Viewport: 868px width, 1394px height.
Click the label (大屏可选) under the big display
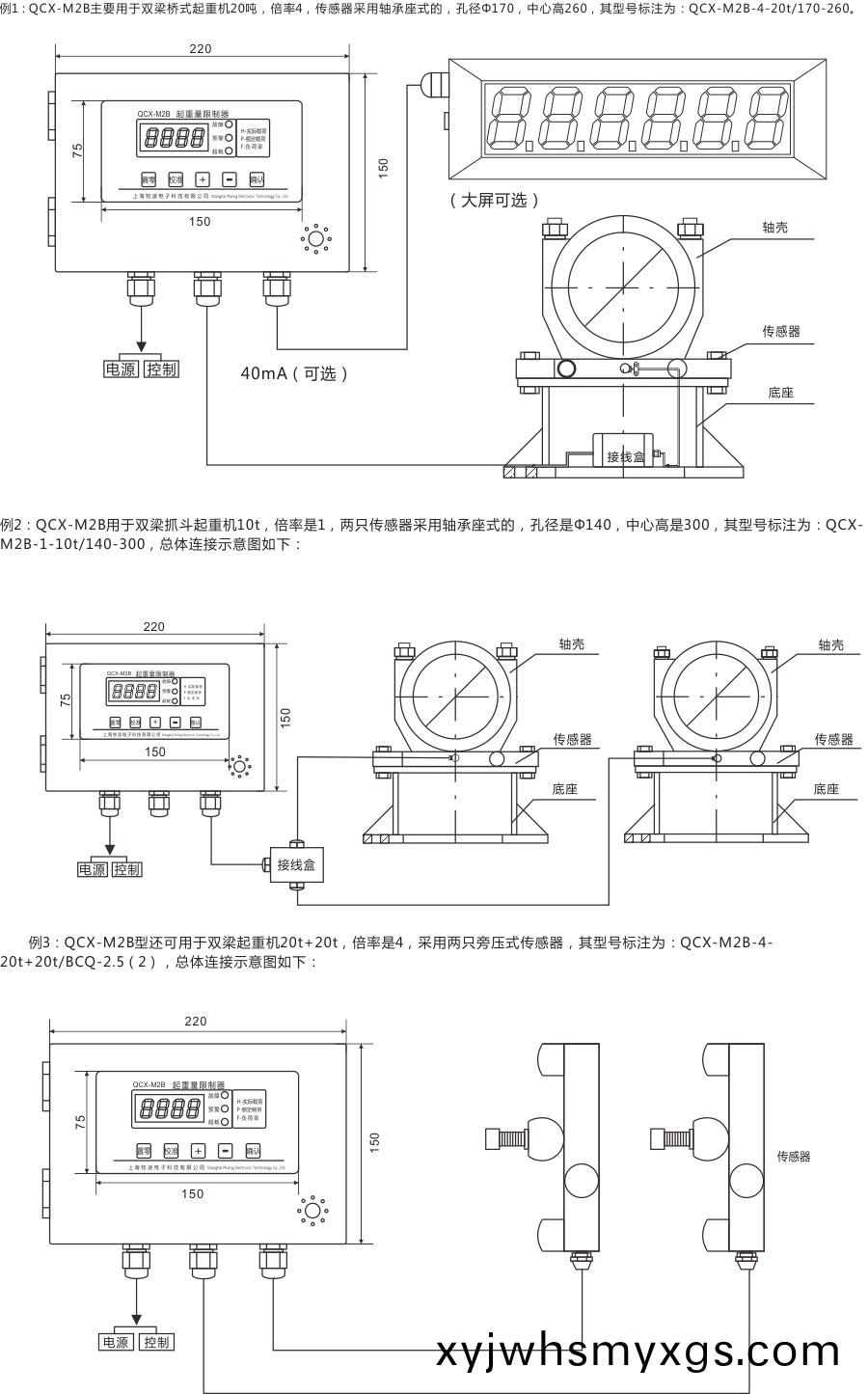click(495, 200)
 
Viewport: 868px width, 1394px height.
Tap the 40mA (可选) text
click(294, 373)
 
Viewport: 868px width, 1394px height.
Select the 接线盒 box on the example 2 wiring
click(296, 864)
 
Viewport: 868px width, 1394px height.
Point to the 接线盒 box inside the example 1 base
click(625, 455)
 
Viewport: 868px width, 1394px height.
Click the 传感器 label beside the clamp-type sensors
click(794, 1156)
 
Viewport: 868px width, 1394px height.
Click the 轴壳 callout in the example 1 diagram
click(775, 228)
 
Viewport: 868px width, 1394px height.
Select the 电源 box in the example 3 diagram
click(116, 1342)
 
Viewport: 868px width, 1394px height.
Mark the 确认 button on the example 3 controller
click(254, 1151)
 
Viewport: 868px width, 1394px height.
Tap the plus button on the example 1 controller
click(203, 179)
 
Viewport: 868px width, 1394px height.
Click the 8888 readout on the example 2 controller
click(134, 691)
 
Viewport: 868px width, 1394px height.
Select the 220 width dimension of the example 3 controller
click(196, 1021)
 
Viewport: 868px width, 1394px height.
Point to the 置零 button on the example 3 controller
click(144, 1151)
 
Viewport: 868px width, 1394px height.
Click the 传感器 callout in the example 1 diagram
click(781, 331)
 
